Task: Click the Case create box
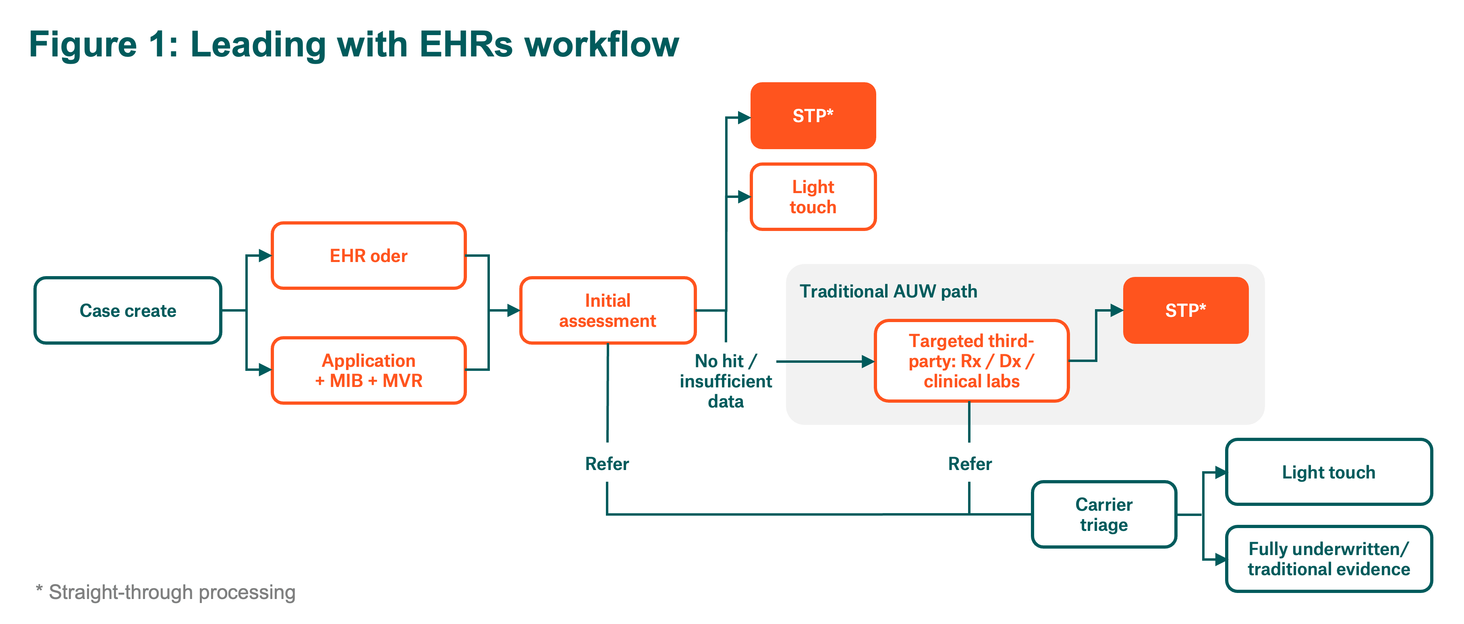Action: pyautogui.click(x=128, y=310)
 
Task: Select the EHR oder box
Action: pyautogui.click(x=368, y=256)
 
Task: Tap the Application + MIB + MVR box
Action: pyautogui.click(x=368, y=370)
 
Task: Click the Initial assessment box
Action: pyautogui.click(x=608, y=310)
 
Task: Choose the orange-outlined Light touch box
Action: pyautogui.click(x=813, y=197)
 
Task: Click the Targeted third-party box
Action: pyautogui.click(x=971, y=361)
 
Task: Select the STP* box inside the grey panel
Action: pyautogui.click(x=1186, y=310)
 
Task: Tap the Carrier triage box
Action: pyautogui.click(x=1104, y=514)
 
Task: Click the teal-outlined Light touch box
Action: pyautogui.click(x=1328, y=472)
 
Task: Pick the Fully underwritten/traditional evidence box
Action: pyautogui.click(x=1328, y=559)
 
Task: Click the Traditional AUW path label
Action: pyautogui.click(x=888, y=291)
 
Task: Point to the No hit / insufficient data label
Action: pyautogui.click(x=726, y=381)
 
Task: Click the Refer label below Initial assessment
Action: pyautogui.click(x=607, y=464)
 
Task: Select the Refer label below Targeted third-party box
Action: pyautogui.click(x=970, y=464)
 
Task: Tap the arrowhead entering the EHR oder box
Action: pyautogui.click(x=265, y=256)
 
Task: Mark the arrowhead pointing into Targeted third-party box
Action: pyautogui.click(x=867, y=361)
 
